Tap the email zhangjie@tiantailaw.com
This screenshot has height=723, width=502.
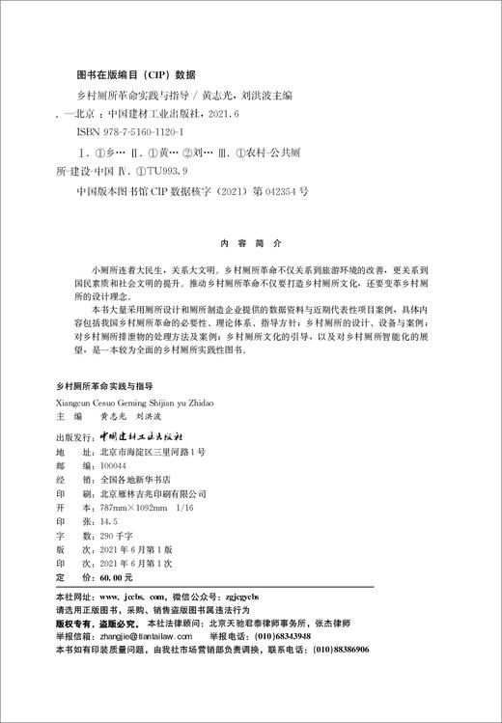tap(145, 637)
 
